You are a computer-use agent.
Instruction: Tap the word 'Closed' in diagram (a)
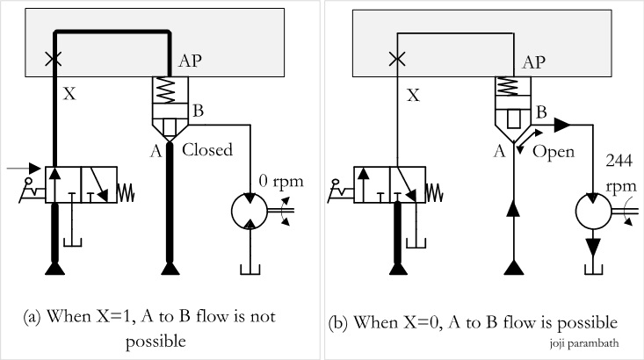coord(207,149)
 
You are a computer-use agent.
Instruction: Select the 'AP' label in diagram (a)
coord(192,62)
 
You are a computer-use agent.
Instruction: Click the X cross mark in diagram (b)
coord(397,60)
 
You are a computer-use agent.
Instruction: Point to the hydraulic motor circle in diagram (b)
coord(591,212)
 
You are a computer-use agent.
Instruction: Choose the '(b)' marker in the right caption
coord(337,322)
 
